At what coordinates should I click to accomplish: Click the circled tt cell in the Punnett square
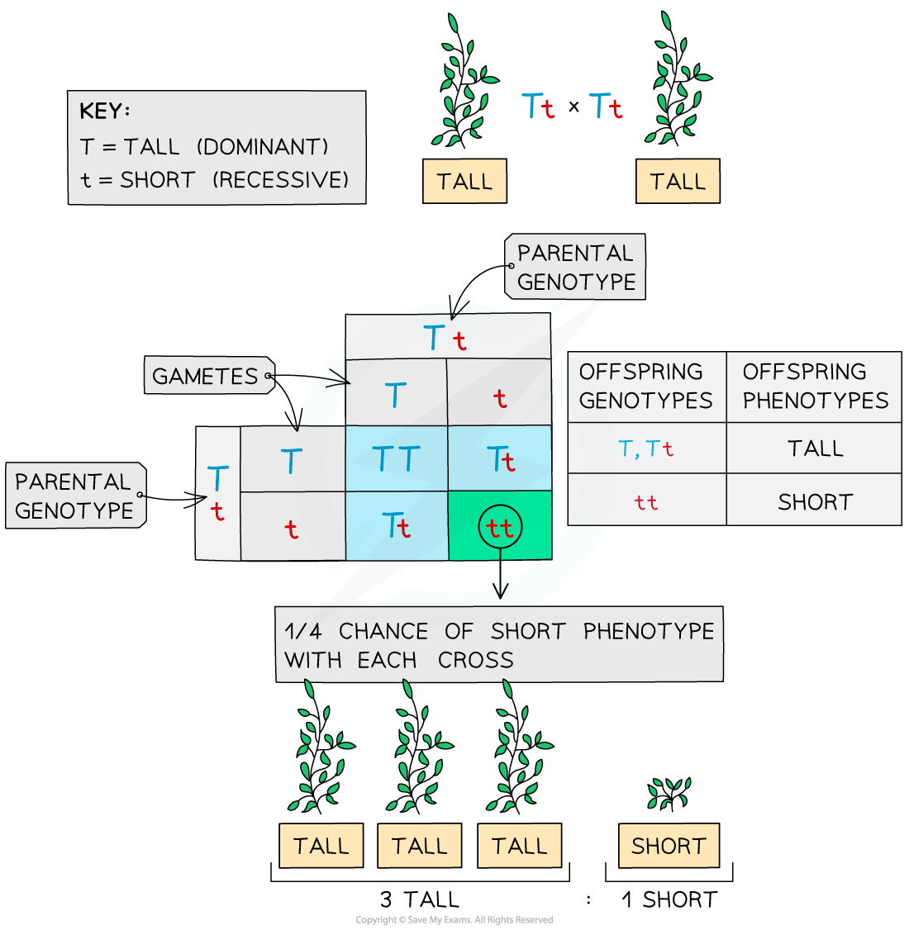[500, 527]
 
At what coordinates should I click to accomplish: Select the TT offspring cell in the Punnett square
[397, 459]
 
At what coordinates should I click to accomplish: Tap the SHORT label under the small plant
[669, 846]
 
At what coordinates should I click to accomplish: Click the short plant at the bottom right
[669, 794]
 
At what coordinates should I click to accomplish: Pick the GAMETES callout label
[206, 377]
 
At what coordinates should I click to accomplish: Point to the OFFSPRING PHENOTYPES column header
[815, 387]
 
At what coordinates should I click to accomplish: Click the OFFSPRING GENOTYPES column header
[645, 387]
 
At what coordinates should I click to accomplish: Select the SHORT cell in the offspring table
[815, 501]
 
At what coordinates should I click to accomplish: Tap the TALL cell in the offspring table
[815, 448]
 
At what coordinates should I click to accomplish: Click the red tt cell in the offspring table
[646, 502]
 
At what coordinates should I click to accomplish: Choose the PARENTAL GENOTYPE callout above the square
[576, 268]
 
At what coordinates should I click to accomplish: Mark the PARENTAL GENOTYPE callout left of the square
[74, 496]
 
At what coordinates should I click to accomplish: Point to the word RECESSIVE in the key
[281, 180]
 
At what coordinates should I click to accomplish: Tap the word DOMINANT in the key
[263, 147]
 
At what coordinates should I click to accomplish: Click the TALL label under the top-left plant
[464, 182]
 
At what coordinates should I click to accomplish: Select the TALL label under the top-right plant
[678, 182]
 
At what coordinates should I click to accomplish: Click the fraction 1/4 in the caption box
[302, 632]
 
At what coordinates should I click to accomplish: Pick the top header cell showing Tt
[447, 338]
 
